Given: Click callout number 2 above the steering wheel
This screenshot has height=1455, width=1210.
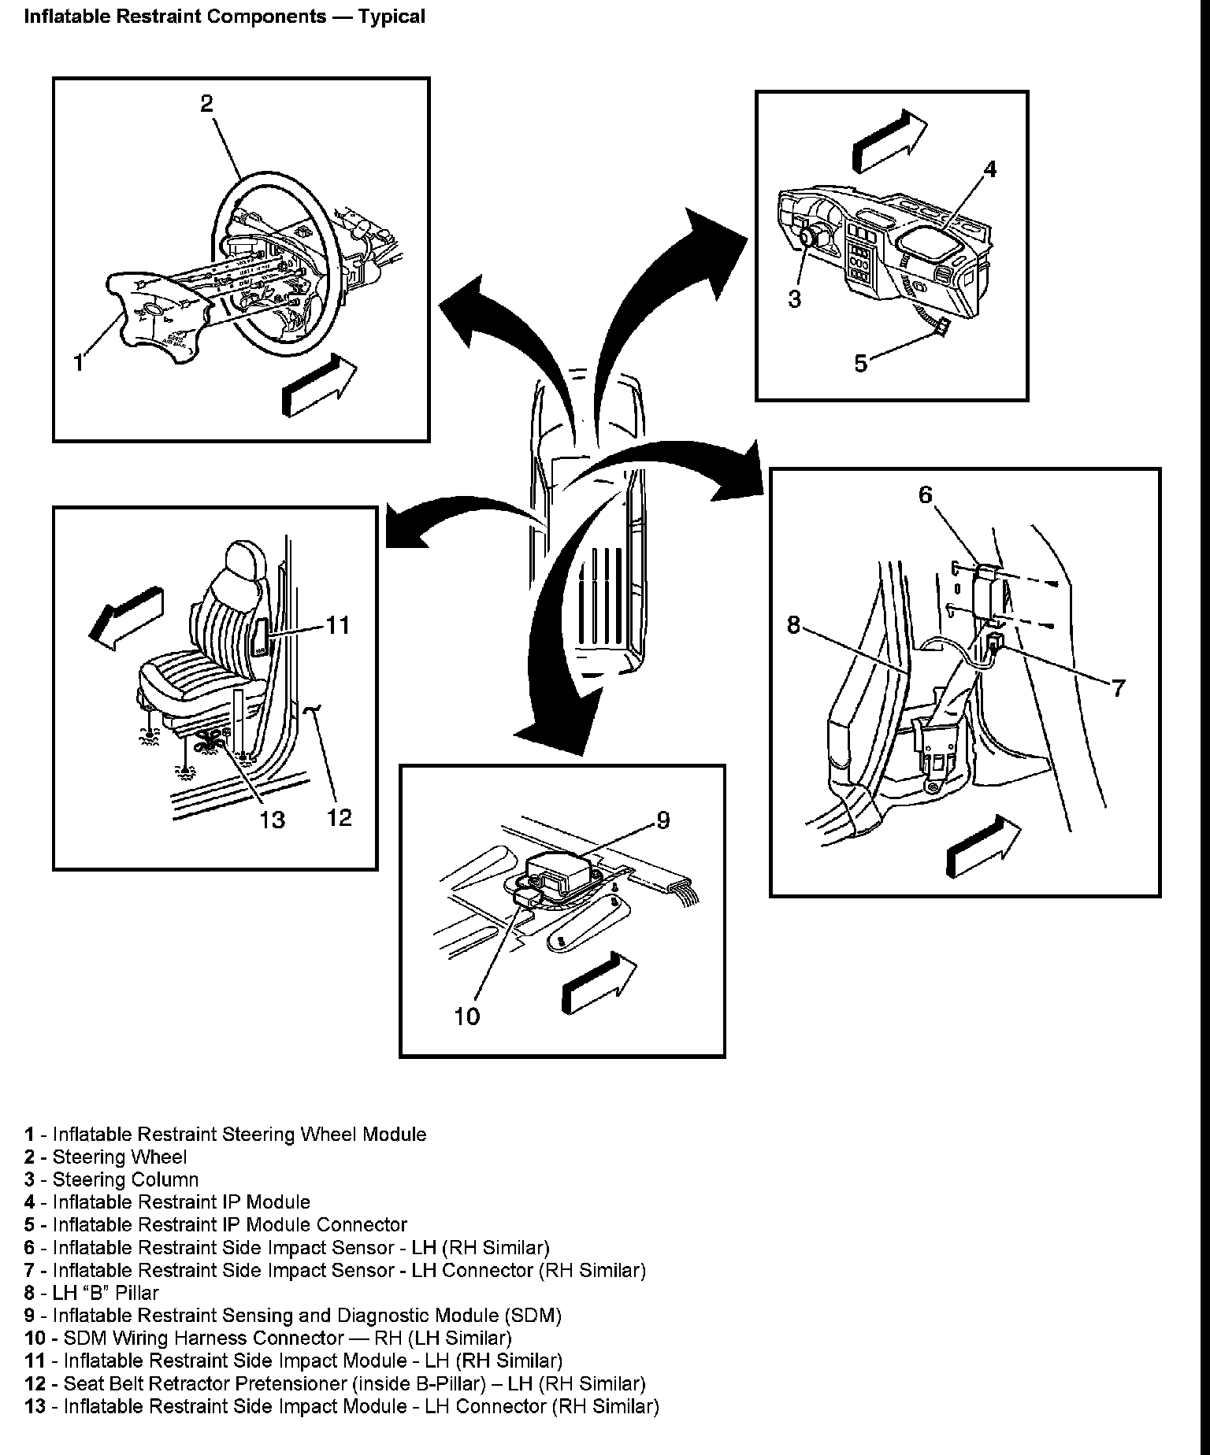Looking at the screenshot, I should click(206, 103).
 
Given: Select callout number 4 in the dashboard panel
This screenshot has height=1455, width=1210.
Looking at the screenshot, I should click(990, 168).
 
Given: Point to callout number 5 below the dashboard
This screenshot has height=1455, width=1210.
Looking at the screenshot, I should click(860, 363).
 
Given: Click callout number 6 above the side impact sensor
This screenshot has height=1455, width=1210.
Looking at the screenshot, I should click(925, 494).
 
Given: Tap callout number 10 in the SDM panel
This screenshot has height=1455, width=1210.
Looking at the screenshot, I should click(466, 1016).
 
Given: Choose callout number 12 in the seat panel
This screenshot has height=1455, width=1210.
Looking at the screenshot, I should click(339, 817).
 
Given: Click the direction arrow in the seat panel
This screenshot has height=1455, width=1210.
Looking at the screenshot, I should click(126, 617).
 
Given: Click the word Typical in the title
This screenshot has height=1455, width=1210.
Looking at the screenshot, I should click(392, 17).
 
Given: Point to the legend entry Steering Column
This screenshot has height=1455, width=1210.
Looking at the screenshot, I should click(124, 1179).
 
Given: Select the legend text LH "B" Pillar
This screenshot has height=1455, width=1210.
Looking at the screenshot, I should click(105, 1293).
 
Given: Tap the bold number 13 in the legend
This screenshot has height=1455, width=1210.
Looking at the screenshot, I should click(35, 1406).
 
